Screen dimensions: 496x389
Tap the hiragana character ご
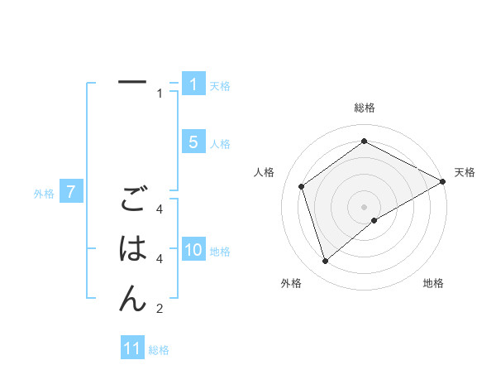click(x=132, y=199)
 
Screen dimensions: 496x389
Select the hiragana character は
click(x=132, y=248)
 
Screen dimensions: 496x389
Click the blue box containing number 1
click(x=193, y=84)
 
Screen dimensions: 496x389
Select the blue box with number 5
click(x=193, y=142)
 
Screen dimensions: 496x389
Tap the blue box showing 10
click(x=193, y=250)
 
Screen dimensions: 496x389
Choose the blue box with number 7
click(x=71, y=193)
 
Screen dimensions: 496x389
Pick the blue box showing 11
click(x=132, y=348)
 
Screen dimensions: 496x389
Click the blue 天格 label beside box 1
click(x=220, y=86)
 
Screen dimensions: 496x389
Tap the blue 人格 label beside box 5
click(x=220, y=144)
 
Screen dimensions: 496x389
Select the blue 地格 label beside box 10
click(x=220, y=252)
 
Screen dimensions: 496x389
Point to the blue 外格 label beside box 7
click(x=44, y=194)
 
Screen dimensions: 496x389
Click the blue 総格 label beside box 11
click(x=159, y=350)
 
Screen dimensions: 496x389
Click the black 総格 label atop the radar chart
click(x=365, y=108)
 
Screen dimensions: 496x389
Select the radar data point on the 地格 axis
click(x=374, y=220)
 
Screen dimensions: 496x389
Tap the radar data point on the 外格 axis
click(x=326, y=262)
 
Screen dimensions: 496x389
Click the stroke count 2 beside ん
click(x=160, y=309)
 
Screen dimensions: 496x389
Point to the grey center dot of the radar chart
click(x=365, y=206)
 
